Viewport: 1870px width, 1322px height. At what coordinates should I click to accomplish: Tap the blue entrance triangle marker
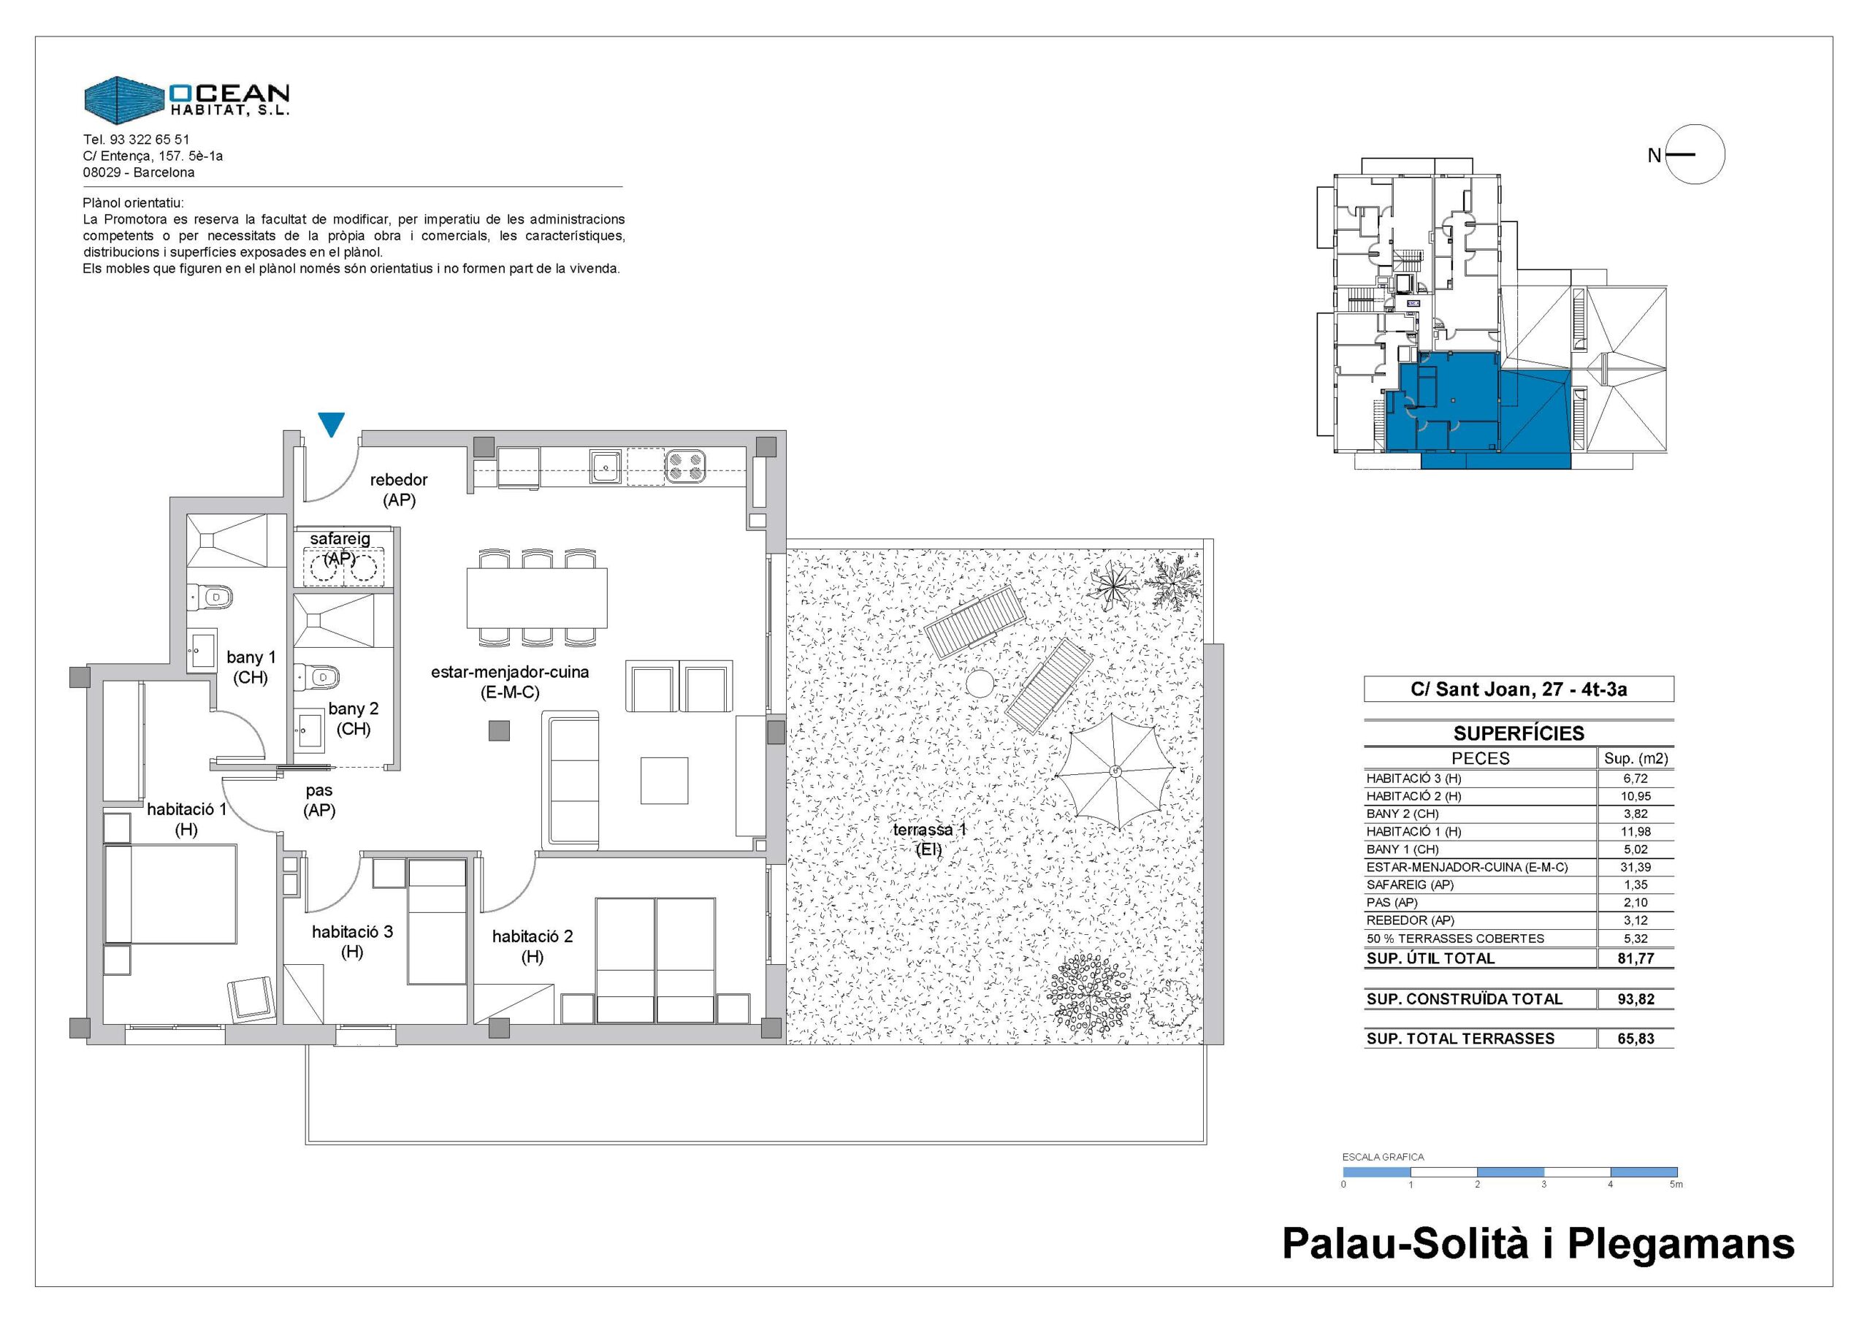click(332, 424)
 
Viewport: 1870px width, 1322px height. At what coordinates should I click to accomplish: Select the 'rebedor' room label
click(398, 481)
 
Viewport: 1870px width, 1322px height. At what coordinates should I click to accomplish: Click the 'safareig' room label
click(340, 539)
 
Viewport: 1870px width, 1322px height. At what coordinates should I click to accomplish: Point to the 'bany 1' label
click(251, 657)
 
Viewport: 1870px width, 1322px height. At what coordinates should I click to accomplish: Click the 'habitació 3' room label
click(352, 931)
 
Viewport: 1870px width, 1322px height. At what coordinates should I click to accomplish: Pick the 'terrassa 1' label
click(929, 830)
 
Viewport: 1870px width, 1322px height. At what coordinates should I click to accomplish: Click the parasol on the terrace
click(1114, 771)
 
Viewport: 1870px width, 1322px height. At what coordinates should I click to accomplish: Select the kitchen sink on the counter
click(606, 467)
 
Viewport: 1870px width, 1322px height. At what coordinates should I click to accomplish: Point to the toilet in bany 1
click(210, 597)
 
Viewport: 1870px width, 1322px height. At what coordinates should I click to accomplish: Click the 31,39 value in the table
click(1635, 867)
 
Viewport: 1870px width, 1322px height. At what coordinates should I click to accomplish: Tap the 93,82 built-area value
click(1636, 998)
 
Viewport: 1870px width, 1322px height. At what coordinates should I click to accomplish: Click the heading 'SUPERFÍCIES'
click(1519, 733)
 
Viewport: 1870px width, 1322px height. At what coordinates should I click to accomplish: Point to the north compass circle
click(1695, 154)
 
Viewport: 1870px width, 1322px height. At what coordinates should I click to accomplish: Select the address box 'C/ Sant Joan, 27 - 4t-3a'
click(1519, 689)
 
